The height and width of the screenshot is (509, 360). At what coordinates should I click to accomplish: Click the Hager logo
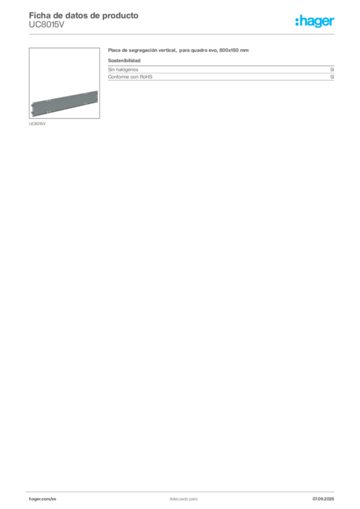click(x=315, y=21)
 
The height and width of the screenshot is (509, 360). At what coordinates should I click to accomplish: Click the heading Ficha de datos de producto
click(x=84, y=15)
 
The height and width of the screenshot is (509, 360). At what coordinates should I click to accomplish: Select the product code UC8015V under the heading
click(x=46, y=25)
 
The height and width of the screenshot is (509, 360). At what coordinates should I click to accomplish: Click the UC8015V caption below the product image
click(x=37, y=124)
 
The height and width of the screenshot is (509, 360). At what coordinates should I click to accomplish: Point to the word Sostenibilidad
click(x=124, y=60)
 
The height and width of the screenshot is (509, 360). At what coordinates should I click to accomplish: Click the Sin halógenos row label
click(x=123, y=70)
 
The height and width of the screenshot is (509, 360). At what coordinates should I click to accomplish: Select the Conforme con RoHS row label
click(x=130, y=77)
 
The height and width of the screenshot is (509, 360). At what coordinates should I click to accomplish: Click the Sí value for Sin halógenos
click(x=332, y=70)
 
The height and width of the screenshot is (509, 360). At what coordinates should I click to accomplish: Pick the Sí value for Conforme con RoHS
click(x=332, y=77)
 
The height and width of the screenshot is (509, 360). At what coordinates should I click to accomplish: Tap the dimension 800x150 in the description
click(x=229, y=50)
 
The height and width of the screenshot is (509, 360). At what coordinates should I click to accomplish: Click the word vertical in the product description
click(x=168, y=50)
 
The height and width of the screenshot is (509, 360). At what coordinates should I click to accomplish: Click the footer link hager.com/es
click(x=43, y=499)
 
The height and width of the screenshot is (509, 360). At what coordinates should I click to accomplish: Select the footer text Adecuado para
click(x=183, y=499)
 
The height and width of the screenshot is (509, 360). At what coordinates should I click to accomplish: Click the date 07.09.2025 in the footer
click(x=323, y=499)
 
